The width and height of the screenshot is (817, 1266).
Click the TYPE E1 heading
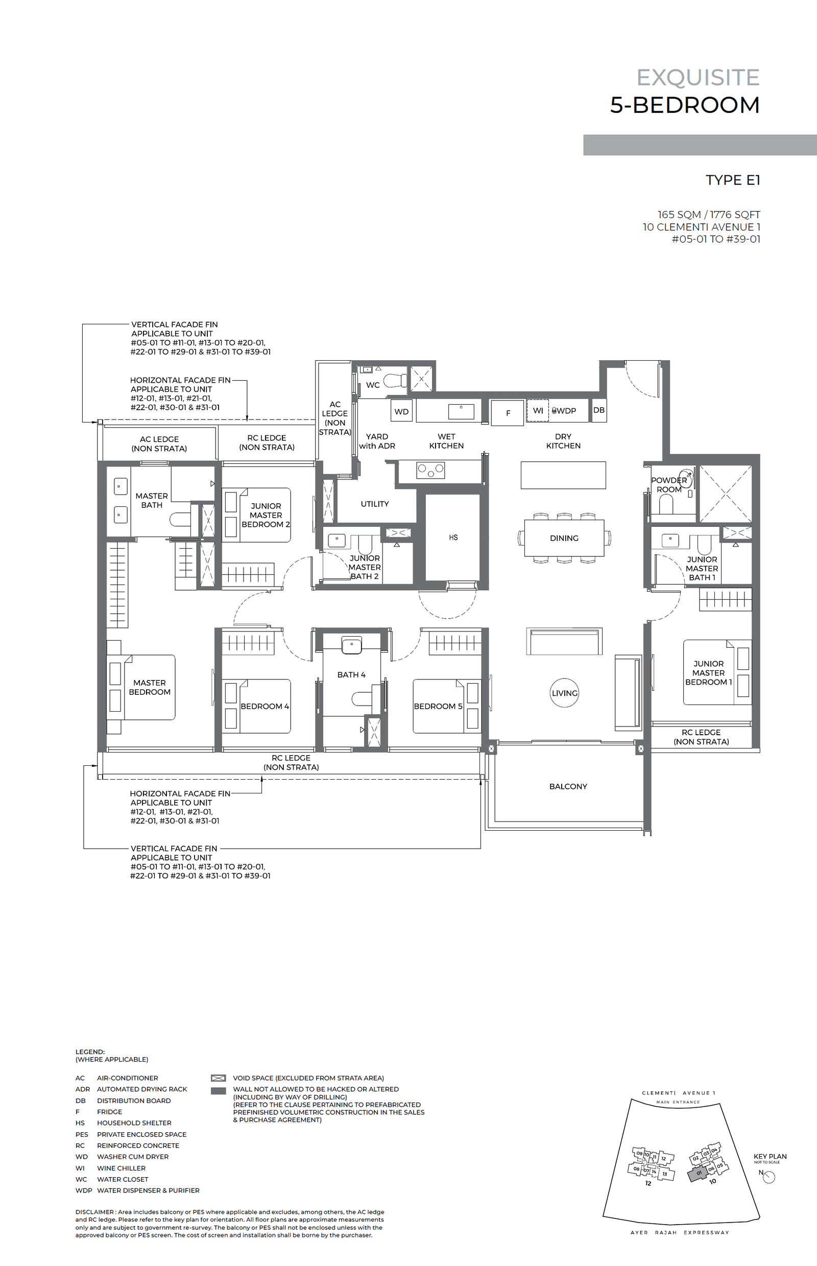(733, 180)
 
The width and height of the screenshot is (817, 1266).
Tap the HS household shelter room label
(453, 537)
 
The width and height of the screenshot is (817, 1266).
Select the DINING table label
(564, 538)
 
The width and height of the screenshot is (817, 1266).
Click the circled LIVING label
(564, 693)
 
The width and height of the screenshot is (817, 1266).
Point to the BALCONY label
(568, 787)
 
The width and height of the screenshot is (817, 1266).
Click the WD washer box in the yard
(401, 412)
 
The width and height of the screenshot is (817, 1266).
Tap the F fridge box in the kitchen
(508, 413)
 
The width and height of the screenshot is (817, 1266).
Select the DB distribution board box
(599, 410)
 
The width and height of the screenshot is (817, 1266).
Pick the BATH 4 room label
(351, 675)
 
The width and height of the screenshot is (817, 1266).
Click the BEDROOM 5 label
(438, 707)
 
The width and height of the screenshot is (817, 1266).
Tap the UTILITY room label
(375, 504)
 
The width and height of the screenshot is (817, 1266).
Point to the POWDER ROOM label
(668, 485)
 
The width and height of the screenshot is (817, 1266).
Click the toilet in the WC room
(395, 381)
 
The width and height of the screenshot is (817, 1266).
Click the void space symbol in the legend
(218, 1078)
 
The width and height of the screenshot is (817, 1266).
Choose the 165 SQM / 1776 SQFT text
(708, 215)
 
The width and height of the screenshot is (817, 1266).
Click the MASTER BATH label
(152, 501)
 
